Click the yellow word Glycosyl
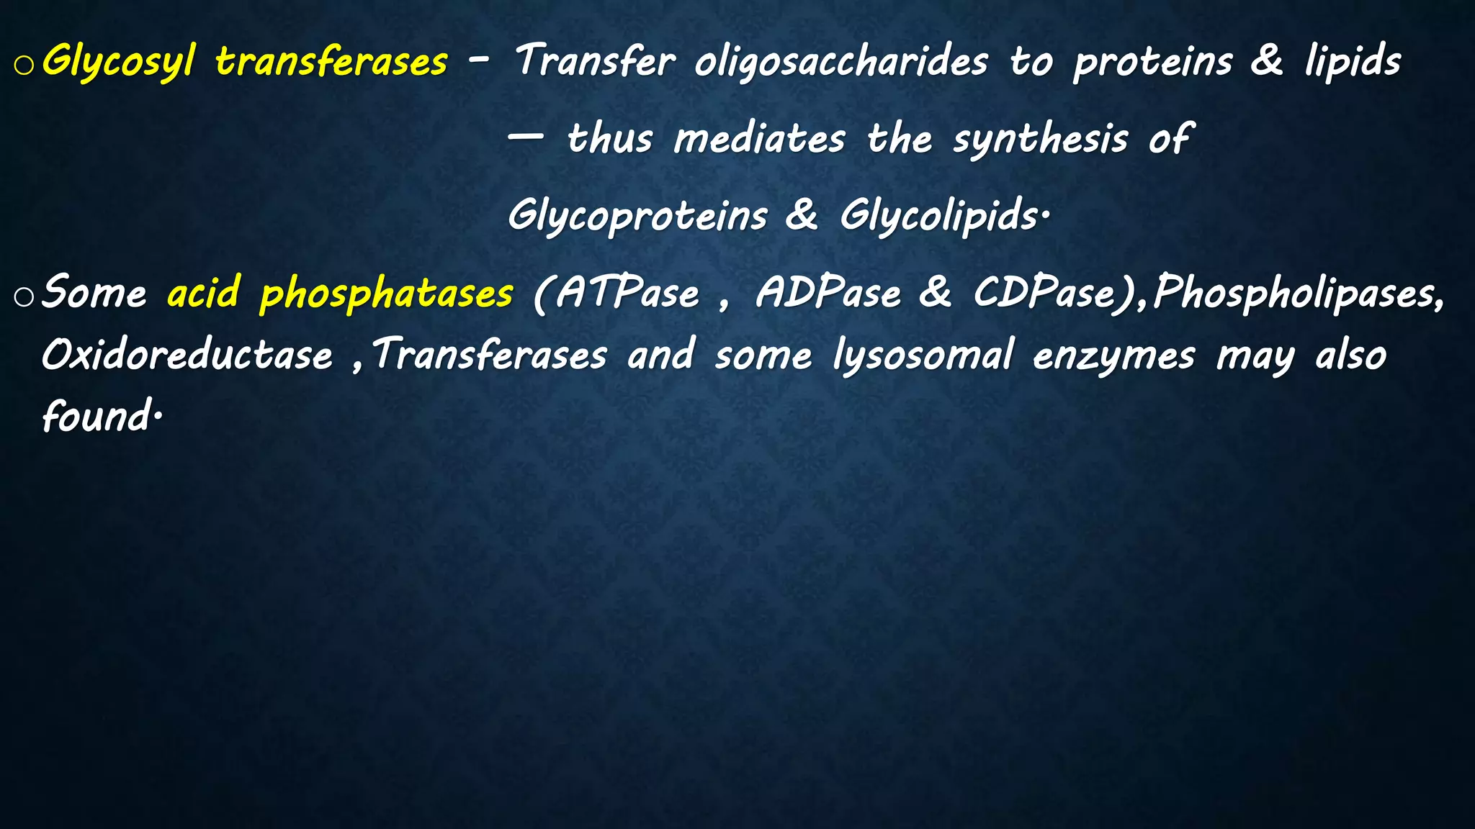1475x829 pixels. click(x=118, y=62)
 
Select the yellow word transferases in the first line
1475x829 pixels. click(x=331, y=62)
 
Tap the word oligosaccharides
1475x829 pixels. click(x=841, y=62)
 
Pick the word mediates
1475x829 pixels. click(x=759, y=138)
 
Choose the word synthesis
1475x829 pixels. click(x=1040, y=138)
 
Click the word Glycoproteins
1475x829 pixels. click(x=637, y=216)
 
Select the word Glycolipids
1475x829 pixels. click(x=939, y=216)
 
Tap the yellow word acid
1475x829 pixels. click(x=203, y=293)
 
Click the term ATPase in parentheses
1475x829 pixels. click(x=627, y=294)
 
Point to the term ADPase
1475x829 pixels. click(x=828, y=294)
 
